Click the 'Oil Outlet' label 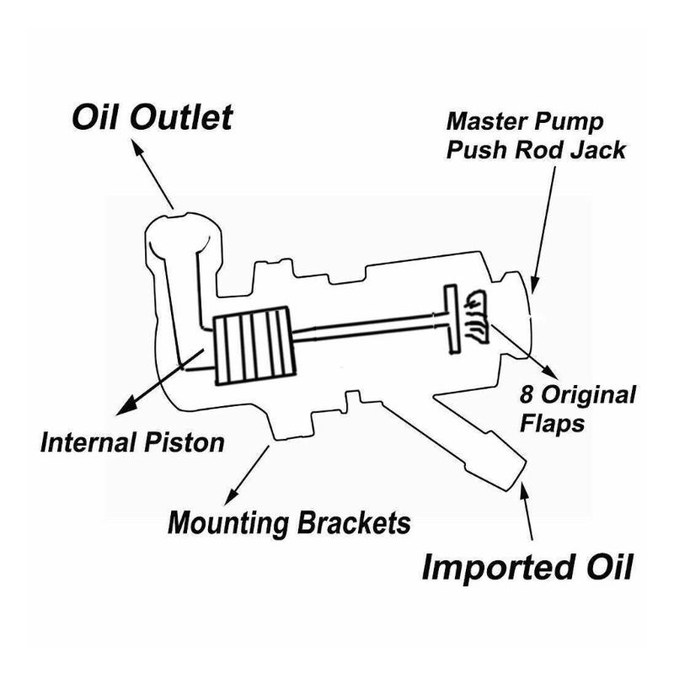tap(152, 117)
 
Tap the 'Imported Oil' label tap(527, 566)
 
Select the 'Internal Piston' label tap(132, 442)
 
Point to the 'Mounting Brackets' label tap(289, 522)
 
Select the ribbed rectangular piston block tap(254, 345)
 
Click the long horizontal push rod tap(371, 328)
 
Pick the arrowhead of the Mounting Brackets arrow tap(230, 495)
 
